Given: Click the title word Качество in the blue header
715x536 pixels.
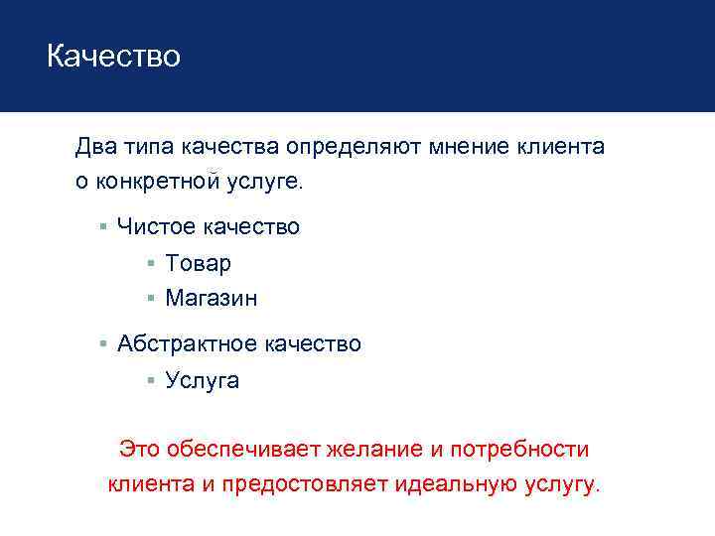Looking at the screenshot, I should pyautogui.click(x=113, y=57).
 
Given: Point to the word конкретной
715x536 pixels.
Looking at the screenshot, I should pyautogui.click(x=167, y=182).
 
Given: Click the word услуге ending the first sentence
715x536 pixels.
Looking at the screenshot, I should pyautogui.click(x=268, y=182).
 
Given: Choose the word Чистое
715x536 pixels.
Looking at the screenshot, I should pyautogui.click(x=156, y=227).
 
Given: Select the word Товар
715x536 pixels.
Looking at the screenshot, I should pyautogui.click(x=198, y=263).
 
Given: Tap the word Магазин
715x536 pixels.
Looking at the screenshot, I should pyautogui.click(x=211, y=298).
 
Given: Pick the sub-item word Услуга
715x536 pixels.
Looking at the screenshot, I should pyautogui.click(x=203, y=380).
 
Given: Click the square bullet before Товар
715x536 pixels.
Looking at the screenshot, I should pyautogui.click(x=150, y=264).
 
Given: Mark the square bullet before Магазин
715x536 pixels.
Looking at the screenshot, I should pyautogui.click(x=150, y=298).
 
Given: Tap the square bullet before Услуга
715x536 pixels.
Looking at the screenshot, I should pyautogui.click(x=150, y=380).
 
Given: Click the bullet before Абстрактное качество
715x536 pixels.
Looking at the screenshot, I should pyautogui.click(x=102, y=344).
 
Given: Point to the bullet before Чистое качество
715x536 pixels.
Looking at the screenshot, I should pyautogui.click(x=102, y=227).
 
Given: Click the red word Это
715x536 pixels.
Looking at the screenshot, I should pyautogui.click(x=138, y=450).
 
